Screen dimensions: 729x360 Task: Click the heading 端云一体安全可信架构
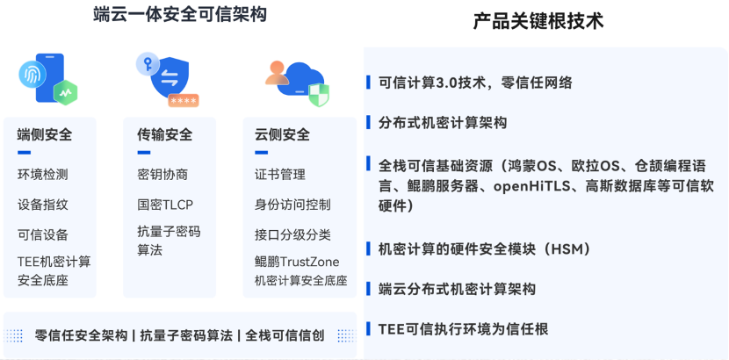(x=180, y=14)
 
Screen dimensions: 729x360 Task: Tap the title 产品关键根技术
(x=538, y=21)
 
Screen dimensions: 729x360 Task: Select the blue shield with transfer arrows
(x=170, y=78)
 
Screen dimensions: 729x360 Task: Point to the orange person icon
(x=277, y=73)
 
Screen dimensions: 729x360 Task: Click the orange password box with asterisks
(x=184, y=101)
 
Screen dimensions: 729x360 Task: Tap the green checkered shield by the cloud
(x=319, y=95)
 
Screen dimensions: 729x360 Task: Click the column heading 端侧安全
(x=45, y=134)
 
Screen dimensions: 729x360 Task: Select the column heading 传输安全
(x=164, y=134)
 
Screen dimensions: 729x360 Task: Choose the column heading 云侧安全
(x=282, y=134)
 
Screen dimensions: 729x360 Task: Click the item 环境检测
(x=43, y=175)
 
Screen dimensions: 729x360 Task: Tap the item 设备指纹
(x=43, y=205)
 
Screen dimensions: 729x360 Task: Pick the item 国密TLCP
(x=165, y=205)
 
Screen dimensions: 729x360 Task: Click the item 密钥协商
(x=162, y=175)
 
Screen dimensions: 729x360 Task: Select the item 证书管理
(x=280, y=175)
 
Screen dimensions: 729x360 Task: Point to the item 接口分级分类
(x=292, y=234)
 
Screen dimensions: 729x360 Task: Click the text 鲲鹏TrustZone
(x=297, y=262)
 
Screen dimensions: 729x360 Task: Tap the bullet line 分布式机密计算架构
(x=443, y=123)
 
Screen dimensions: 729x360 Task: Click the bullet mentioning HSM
(x=485, y=249)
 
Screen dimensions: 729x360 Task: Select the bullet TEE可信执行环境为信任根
(x=464, y=329)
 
